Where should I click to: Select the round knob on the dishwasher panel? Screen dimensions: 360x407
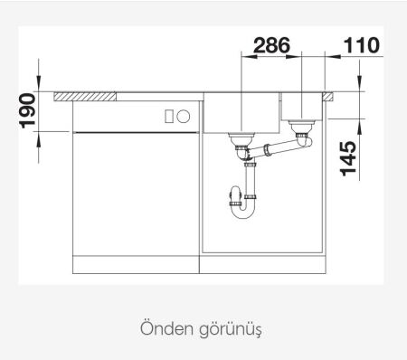(183, 116)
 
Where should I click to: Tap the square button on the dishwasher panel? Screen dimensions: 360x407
(168, 116)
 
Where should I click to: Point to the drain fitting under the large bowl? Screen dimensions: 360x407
(242, 139)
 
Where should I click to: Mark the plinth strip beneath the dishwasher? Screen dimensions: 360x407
(134, 265)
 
